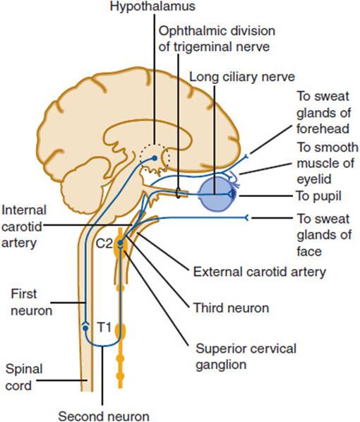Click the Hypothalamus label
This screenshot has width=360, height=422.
pyautogui.click(x=152, y=6)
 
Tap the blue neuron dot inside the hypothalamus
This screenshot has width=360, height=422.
pyautogui.click(x=155, y=158)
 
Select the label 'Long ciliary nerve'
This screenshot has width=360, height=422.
pyautogui.click(x=242, y=77)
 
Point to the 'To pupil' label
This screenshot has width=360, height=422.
pyautogui.click(x=318, y=196)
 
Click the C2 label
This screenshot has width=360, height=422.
pyautogui.click(x=104, y=243)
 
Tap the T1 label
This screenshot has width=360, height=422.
pyautogui.click(x=104, y=327)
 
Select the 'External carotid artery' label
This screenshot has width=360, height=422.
pyautogui.click(x=260, y=272)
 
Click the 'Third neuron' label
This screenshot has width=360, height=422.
pyautogui.click(x=232, y=308)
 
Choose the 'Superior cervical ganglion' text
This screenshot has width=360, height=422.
pyautogui.click(x=246, y=356)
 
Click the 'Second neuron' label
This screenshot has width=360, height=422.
pyautogui.click(x=104, y=416)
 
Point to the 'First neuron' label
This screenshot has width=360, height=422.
pyautogui.click(x=32, y=302)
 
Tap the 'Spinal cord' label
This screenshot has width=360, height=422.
pyautogui.click(x=24, y=377)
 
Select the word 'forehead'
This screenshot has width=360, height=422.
pyautogui.click(x=323, y=128)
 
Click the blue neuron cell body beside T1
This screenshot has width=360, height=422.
pyautogui.click(x=85, y=328)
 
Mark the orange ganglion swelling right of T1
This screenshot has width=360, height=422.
pyautogui.click(x=121, y=332)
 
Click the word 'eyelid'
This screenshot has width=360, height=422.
pyautogui.click(x=314, y=179)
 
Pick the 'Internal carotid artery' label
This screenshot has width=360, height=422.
pyautogui.click(x=24, y=227)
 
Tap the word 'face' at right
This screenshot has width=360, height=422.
pyautogui.click(x=309, y=251)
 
